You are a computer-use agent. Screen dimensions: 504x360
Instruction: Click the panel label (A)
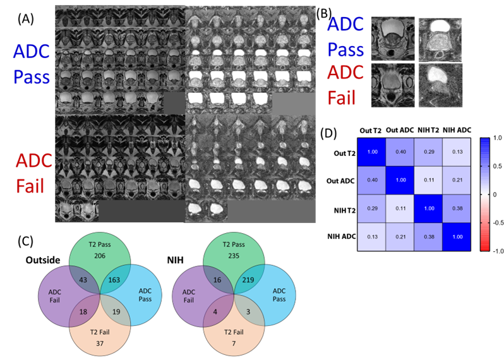[x=26, y=20]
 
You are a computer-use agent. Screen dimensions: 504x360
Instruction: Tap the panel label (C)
[x=25, y=241]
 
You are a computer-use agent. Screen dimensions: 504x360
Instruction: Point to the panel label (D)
[x=328, y=133]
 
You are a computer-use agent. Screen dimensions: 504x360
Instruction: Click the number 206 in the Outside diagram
[x=100, y=256]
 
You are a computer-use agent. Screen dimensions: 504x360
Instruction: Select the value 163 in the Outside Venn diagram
[x=114, y=280]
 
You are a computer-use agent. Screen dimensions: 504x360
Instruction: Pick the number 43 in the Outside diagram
[x=83, y=280]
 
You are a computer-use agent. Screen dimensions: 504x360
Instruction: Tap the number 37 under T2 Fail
[x=100, y=344]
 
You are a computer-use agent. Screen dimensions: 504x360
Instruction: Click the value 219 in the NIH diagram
[x=248, y=280]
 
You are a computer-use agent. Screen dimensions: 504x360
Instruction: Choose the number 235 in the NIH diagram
[x=234, y=256]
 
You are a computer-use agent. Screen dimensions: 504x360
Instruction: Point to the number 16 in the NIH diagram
[x=217, y=280]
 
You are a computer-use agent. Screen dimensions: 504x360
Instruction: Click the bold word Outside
[x=43, y=260]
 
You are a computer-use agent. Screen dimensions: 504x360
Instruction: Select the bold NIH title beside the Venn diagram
[x=175, y=260]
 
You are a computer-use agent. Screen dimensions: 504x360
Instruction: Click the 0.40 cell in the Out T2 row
[x=400, y=152]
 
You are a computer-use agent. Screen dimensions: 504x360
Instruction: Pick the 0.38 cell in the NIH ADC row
[x=429, y=237]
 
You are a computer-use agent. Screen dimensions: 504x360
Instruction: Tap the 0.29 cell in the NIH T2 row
[x=372, y=208]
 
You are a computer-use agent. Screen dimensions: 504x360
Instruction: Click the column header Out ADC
[x=400, y=130]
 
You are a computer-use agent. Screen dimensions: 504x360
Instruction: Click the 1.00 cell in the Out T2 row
[x=372, y=152]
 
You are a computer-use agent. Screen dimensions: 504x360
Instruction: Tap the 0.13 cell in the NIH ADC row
[x=372, y=237]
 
